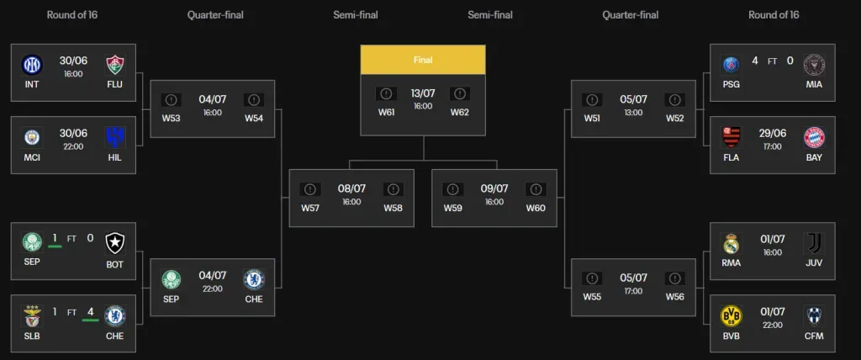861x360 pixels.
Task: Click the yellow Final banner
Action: coord(423,60)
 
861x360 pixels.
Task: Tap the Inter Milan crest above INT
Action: coord(32,65)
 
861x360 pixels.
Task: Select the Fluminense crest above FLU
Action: coord(115,65)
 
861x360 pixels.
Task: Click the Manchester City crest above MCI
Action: coord(32,137)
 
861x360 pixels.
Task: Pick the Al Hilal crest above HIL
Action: coord(115,137)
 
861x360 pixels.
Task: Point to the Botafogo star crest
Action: coord(115,243)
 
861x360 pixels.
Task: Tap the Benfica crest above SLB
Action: coord(32,315)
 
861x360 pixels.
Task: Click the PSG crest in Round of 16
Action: coord(731,65)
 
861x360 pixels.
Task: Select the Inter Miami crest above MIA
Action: coord(814,65)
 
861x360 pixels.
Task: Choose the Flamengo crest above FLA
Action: coord(731,137)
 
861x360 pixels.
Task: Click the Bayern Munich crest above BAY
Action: coord(814,137)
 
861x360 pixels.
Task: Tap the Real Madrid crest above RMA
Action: coord(731,243)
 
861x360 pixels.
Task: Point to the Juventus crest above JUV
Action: coord(814,243)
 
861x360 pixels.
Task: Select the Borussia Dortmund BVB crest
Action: coord(731,315)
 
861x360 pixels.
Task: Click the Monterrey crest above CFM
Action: coord(814,315)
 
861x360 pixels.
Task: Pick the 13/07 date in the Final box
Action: coord(423,93)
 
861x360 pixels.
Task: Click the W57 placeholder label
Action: coord(310,208)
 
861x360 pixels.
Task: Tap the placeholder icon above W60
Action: coord(536,189)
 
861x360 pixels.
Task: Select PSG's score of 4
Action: coord(755,61)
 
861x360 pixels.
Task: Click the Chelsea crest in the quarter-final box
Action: coord(254,279)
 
